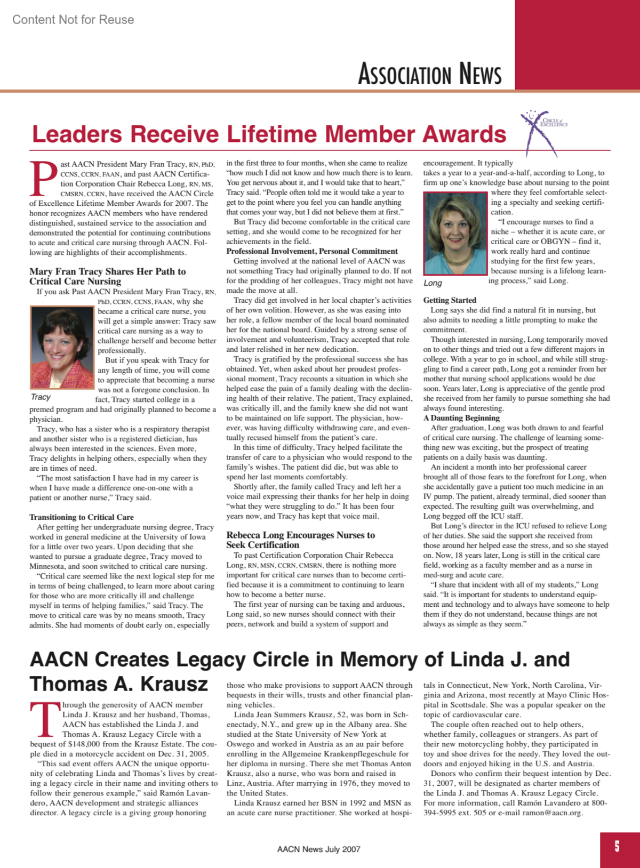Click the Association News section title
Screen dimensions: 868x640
(429, 74)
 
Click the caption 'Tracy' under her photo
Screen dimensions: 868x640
(41, 397)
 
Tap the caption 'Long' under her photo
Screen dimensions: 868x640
(433, 283)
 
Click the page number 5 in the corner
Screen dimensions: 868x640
(617, 846)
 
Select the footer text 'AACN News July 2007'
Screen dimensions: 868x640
(318, 849)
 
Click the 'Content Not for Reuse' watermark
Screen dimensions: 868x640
(73, 20)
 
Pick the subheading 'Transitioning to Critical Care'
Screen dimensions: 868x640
(82, 517)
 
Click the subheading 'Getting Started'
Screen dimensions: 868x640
(450, 300)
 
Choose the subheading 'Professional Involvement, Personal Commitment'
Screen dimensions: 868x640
(312, 251)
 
